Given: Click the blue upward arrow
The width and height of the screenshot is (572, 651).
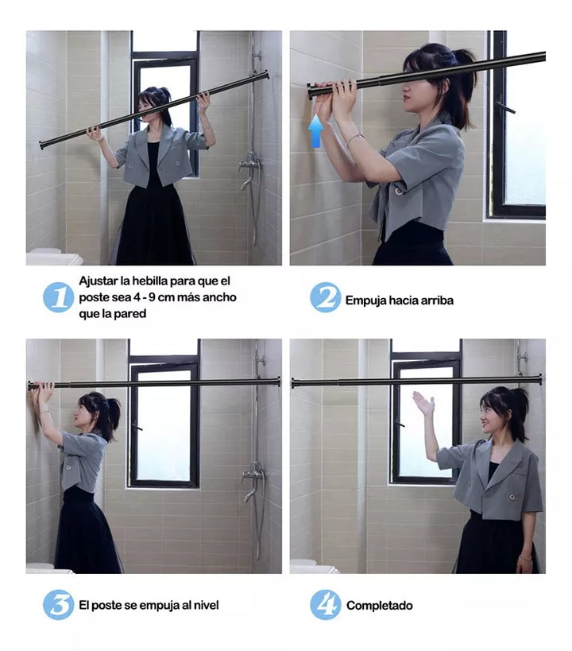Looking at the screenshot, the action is [x=316, y=131].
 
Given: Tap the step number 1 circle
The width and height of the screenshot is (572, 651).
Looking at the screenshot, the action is [x=58, y=297].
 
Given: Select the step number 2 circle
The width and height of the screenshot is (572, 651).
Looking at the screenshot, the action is [x=325, y=297].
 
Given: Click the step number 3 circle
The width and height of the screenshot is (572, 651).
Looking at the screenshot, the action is [x=58, y=604].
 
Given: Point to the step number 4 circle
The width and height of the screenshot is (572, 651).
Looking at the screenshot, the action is [x=325, y=604].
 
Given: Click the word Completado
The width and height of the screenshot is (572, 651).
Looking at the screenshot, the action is [x=380, y=606].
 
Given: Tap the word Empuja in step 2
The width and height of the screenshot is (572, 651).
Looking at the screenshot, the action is [x=365, y=300].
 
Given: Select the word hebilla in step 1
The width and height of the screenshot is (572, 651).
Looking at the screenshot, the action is [x=149, y=281].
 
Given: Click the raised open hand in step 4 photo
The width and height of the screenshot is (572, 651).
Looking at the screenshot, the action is [x=423, y=403].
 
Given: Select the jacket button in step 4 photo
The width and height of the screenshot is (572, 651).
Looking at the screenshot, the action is [x=512, y=497].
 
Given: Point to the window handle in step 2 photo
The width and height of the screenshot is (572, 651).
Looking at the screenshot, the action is [x=504, y=107].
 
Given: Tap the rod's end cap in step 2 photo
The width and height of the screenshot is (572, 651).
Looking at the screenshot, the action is [x=311, y=91].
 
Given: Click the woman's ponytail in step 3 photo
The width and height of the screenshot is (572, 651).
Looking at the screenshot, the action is [x=113, y=416].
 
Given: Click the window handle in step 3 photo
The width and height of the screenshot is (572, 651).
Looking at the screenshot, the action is [x=137, y=427].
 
